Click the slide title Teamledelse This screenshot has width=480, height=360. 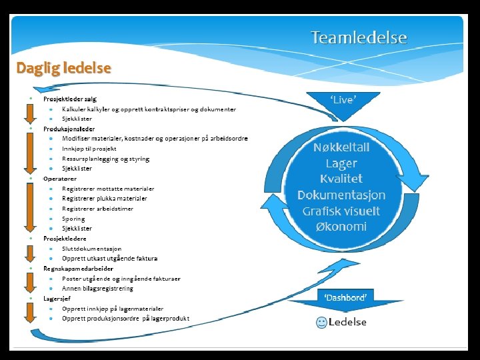coord(359,37)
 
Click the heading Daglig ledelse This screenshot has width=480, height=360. coord(64,68)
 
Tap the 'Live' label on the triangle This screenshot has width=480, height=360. coord(343,100)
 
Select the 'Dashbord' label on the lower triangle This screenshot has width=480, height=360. coord(345,297)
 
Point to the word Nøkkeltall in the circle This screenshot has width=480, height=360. coord(341,147)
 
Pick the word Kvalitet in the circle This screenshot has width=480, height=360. coord(341,179)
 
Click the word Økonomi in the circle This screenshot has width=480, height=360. coord(341,226)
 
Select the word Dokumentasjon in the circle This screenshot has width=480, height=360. coord(341,195)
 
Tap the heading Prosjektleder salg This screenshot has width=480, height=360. coord(70,99)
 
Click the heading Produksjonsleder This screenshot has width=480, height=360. coord(69,129)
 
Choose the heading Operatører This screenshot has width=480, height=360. coord(60,179)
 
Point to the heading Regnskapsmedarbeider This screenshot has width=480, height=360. coord(79,268)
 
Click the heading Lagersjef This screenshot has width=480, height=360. coord(58,298)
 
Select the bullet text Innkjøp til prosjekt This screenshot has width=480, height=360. coord(89,149)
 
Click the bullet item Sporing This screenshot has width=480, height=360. coord(73,219)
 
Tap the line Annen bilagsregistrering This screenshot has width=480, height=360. coord(97,288)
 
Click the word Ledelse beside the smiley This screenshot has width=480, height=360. coord(347,323)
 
